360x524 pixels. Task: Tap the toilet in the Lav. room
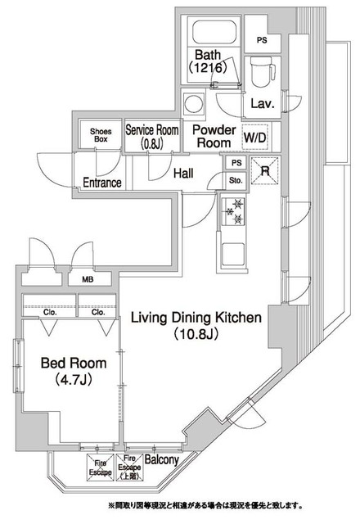[x=263, y=71]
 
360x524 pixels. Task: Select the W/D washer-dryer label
[x=255, y=138]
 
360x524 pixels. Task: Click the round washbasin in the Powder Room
[x=193, y=104]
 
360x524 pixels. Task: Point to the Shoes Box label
[x=101, y=135]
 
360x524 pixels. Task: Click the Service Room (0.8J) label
[x=152, y=136]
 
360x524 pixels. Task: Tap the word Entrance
[x=102, y=183]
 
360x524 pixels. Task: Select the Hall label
[x=183, y=174]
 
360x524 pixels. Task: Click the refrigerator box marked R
[x=265, y=170]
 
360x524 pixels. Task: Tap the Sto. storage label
[x=236, y=181]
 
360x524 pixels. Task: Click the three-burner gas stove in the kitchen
[x=233, y=211]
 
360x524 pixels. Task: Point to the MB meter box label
[x=88, y=280]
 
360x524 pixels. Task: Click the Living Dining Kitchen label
[x=196, y=325]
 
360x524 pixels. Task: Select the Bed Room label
[x=74, y=371]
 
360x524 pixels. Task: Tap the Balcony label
[x=162, y=460]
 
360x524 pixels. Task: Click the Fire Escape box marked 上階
[x=129, y=468]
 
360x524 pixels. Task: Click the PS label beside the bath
[x=262, y=40]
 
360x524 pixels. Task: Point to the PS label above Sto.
[x=236, y=163]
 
